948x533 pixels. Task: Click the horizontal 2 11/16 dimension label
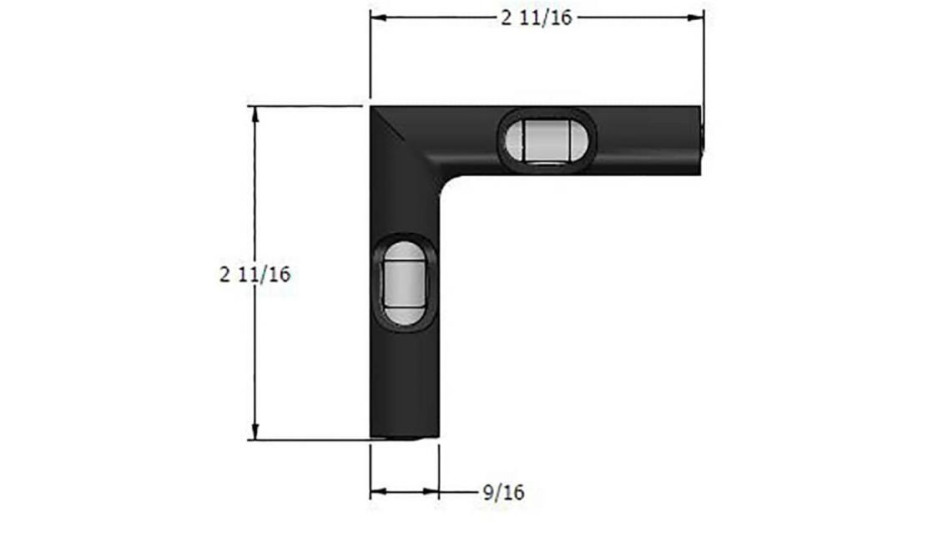click(537, 18)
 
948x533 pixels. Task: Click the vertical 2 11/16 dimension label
click(255, 274)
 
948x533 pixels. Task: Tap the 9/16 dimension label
click(504, 492)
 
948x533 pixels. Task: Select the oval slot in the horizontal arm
click(547, 139)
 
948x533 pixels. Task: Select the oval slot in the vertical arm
click(403, 282)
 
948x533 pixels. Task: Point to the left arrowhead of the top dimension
click(379, 18)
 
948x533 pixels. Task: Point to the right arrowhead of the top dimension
click(695, 18)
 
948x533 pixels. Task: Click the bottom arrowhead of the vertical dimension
click(255, 431)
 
